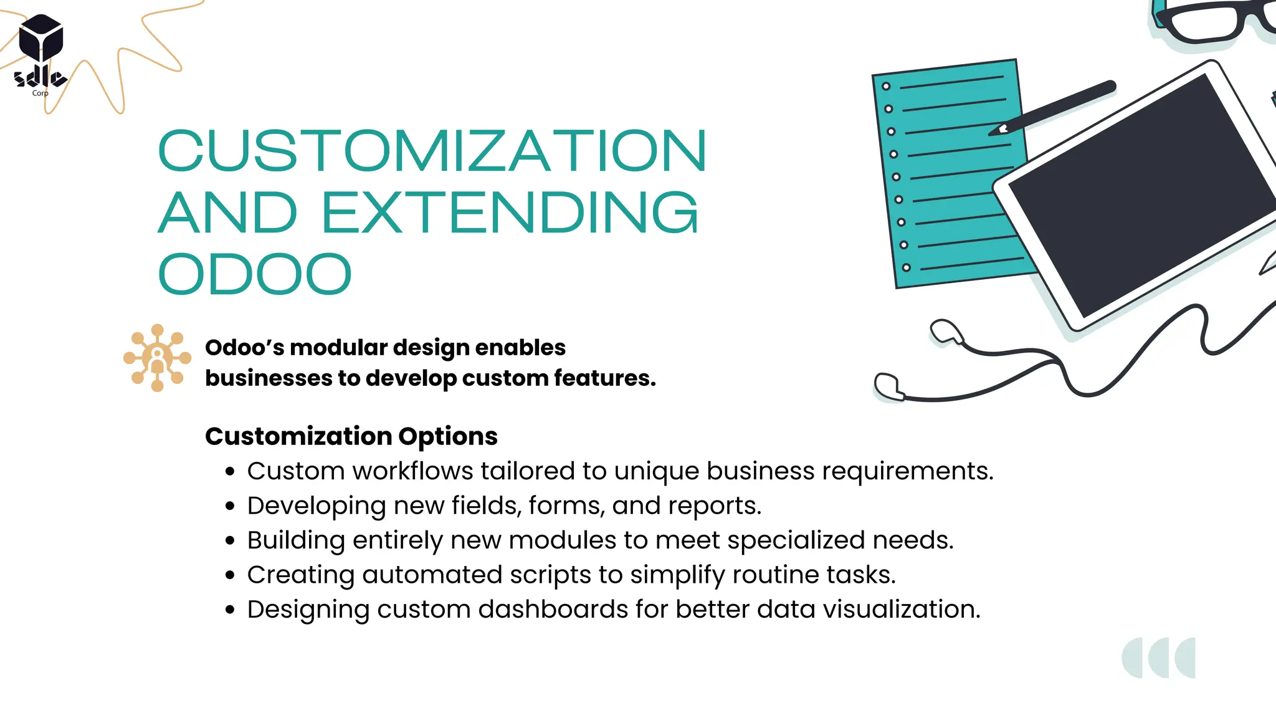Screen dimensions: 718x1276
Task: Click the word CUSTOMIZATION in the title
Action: (432, 151)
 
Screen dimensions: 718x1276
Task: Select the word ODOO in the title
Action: (255, 274)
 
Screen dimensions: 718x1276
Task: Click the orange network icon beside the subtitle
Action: (157, 358)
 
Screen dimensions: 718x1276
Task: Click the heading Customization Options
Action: (351, 436)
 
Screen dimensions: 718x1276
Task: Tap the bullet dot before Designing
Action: (231, 610)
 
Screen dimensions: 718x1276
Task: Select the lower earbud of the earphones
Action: (887, 386)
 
